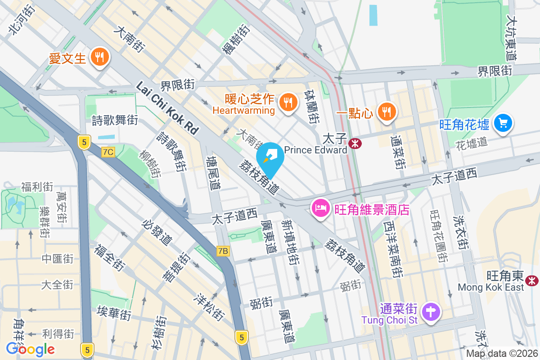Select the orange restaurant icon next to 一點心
[386, 111]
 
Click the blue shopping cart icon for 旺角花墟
[503, 122]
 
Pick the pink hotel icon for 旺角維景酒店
[319, 209]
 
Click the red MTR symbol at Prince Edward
[355, 144]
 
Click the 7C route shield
[108, 152]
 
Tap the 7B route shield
[223, 251]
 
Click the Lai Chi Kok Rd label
[167, 108]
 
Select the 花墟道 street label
[472, 144]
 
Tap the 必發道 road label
[156, 232]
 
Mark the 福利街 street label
[37, 187]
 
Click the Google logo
[30, 349]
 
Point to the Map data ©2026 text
[501, 354]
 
